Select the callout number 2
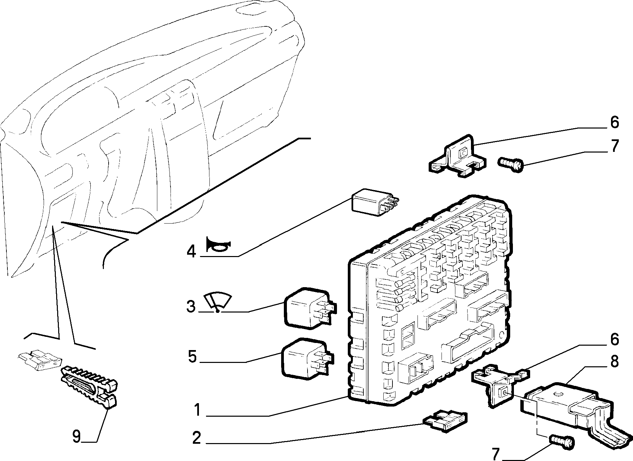pos(196,438)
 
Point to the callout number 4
pos(191,251)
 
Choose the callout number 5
pos(192,357)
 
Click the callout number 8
pos(614,362)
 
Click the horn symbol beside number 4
pos(218,245)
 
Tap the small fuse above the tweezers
pos(40,360)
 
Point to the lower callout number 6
pos(614,339)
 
